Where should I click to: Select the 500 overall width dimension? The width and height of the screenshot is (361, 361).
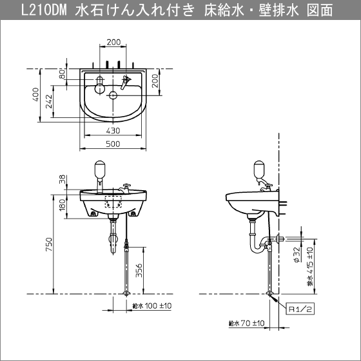(113, 145)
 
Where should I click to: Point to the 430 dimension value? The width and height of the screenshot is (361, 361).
(113, 130)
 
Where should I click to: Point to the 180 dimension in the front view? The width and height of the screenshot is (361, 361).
(63, 205)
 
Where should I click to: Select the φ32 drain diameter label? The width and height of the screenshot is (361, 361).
(295, 255)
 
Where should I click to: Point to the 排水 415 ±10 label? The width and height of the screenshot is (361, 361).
(310, 266)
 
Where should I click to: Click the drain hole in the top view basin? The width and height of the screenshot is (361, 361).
(113, 96)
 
